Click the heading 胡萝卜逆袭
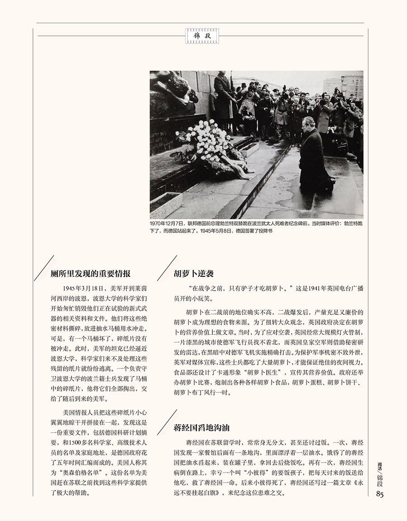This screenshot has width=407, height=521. (193, 274)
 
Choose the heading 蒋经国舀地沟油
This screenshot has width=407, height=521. (202, 427)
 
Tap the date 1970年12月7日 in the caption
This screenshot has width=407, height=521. (168, 224)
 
